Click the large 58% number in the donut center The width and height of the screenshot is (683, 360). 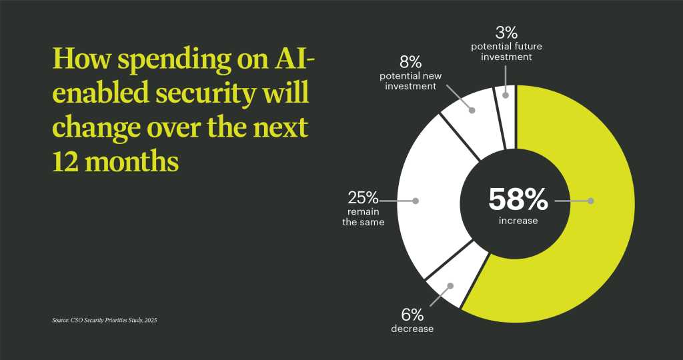coord(518,199)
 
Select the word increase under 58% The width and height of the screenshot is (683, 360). coord(518,221)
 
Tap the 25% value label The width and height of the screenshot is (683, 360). coord(363,198)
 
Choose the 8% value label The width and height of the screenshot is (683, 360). coord(411,63)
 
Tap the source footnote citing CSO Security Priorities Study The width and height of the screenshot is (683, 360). coord(104,321)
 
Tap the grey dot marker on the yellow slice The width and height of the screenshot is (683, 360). coord(591,200)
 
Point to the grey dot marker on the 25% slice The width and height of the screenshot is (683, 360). coord(416,200)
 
